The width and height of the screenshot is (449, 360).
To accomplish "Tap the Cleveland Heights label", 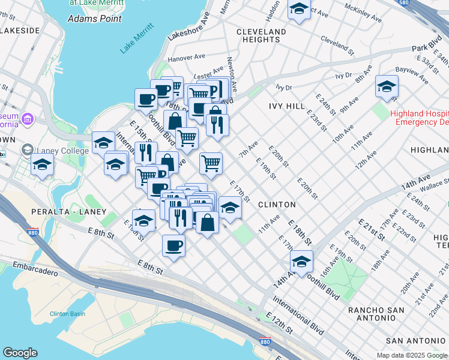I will (x=261, y=35).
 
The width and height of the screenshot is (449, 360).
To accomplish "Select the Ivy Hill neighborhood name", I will (x=288, y=106).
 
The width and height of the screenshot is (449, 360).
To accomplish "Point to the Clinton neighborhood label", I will (x=277, y=205).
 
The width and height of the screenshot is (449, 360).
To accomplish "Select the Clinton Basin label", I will (x=68, y=314).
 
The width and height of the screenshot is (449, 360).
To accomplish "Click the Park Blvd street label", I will (x=427, y=47).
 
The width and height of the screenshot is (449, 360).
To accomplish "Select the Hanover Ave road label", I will (x=187, y=58).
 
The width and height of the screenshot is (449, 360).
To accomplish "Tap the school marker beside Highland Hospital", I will (x=387, y=86).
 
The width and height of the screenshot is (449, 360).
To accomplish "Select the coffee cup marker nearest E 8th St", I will (x=173, y=245).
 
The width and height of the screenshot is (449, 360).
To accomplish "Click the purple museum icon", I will (x=26, y=119).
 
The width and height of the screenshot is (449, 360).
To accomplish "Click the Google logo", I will (x=20, y=353).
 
